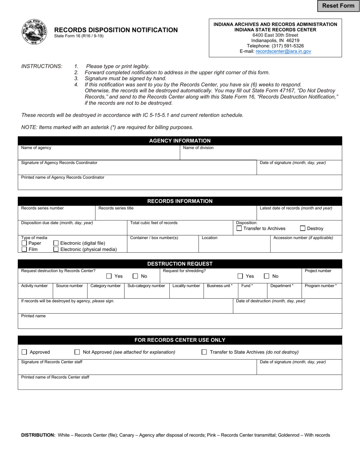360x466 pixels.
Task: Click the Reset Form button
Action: [x=338, y=6]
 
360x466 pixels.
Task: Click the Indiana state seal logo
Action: [x=34, y=32]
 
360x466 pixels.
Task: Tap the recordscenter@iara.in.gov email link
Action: [x=283, y=51]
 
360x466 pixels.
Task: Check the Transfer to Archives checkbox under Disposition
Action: [x=239, y=228]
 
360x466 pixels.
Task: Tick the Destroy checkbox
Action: [x=303, y=228]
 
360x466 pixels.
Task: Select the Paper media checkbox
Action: [x=24, y=243]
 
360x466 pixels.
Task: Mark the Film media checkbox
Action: [x=24, y=249]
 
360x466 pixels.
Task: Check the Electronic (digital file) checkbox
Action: [x=56, y=243]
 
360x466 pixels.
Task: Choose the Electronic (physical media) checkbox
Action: [x=56, y=249]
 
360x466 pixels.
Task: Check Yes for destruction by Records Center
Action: [x=109, y=276]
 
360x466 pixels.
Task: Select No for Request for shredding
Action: [x=267, y=276]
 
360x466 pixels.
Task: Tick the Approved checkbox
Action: [x=24, y=352]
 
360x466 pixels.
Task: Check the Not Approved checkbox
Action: [x=77, y=352]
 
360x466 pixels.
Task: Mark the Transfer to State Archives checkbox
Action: [x=204, y=352]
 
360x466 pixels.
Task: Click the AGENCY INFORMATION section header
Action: [x=180, y=141]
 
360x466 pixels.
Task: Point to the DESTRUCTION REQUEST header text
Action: [x=180, y=264]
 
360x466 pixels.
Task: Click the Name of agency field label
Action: [x=36, y=148]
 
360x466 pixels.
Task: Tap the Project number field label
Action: [x=318, y=271]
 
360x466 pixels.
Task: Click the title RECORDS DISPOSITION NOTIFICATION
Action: [x=116, y=30]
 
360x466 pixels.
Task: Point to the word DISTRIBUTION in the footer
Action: [x=38, y=435]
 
